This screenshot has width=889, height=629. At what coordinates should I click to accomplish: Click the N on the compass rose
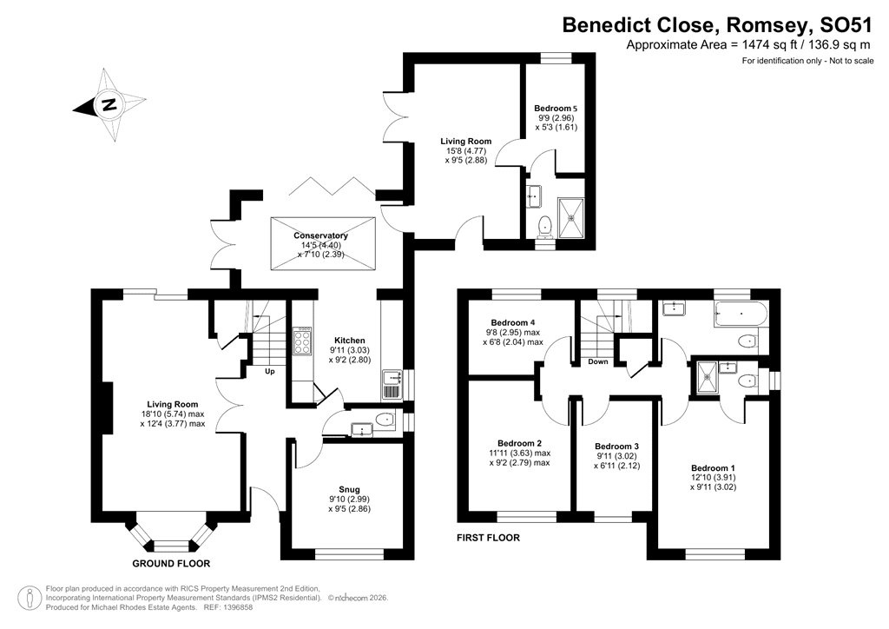pyautogui.click(x=109, y=105)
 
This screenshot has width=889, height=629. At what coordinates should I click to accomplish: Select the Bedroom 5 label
pyautogui.click(x=556, y=109)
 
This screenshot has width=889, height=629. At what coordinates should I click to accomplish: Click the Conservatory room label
pyautogui.click(x=320, y=235)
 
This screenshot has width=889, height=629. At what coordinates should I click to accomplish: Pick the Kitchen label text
pyautogui.click(x=350, y=340)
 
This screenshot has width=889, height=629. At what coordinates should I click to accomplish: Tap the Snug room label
pyautogui.click(x=350, y=489)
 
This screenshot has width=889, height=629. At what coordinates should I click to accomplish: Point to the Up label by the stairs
pyautogui.click(x=270, y=371)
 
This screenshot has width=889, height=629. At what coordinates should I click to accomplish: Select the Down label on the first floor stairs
pyautogui.click(x=597, y=361)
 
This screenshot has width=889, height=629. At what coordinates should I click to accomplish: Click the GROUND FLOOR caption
pyautogui.click(x=168, y=564)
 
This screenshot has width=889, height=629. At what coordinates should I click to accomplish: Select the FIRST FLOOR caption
pyautogui.click(x=488, y=538)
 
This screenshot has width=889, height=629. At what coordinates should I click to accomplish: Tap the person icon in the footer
pyautogui.click(x=31, y=598)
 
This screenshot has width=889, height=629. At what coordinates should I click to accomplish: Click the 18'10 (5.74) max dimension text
pyautogui.click(x=174, y=414)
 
